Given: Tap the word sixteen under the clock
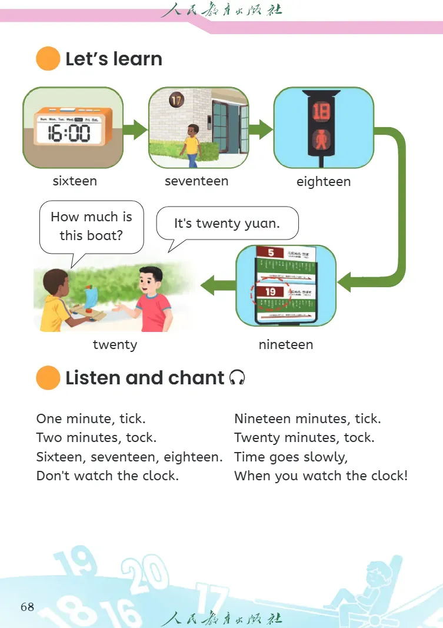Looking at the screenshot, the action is coord(75,181).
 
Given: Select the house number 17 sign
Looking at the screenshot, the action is coord(176,100).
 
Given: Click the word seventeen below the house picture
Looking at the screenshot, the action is coord(196,181).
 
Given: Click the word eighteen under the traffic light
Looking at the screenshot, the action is coord(324,181).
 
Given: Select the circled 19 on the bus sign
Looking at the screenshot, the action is coord(271,291).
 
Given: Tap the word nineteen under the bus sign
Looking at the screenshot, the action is coord(286,345).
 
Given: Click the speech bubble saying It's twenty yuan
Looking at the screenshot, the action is coord(227,223).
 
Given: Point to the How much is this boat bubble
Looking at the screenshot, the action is coord(91,225).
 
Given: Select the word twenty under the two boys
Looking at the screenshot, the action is coord(115,345).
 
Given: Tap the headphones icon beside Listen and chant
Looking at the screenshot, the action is coord(237,377).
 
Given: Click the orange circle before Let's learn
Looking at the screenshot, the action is coord(48,59).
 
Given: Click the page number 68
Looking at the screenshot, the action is coord(27,607).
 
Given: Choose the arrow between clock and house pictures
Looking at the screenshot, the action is coord(136,129).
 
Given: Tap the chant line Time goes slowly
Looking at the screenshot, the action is coord(291,457).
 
